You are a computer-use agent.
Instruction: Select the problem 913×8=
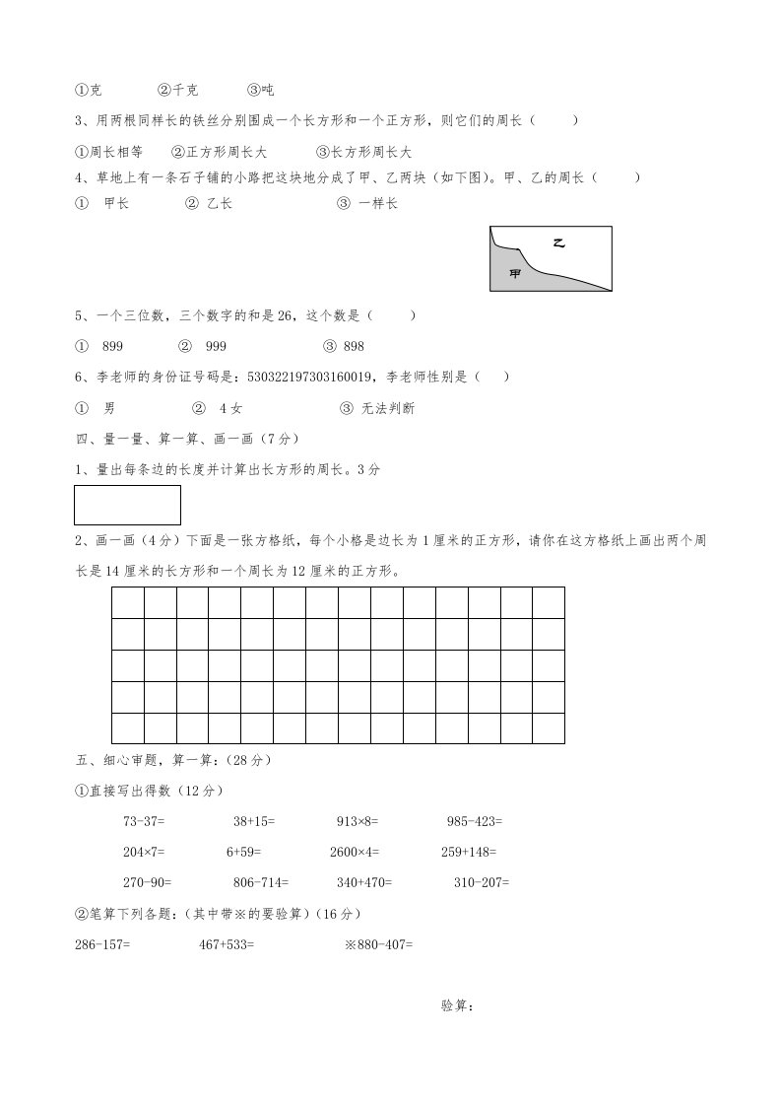click(358, 820)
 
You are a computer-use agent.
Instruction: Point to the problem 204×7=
click(144, 852)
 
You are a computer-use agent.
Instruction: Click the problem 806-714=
click(261, 882)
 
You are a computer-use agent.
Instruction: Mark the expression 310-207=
click(482, 882)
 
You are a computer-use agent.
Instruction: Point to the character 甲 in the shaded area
click(514, 273)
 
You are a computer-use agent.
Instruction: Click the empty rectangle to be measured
click(128, 505)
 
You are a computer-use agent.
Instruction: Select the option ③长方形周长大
click(363, 152)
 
